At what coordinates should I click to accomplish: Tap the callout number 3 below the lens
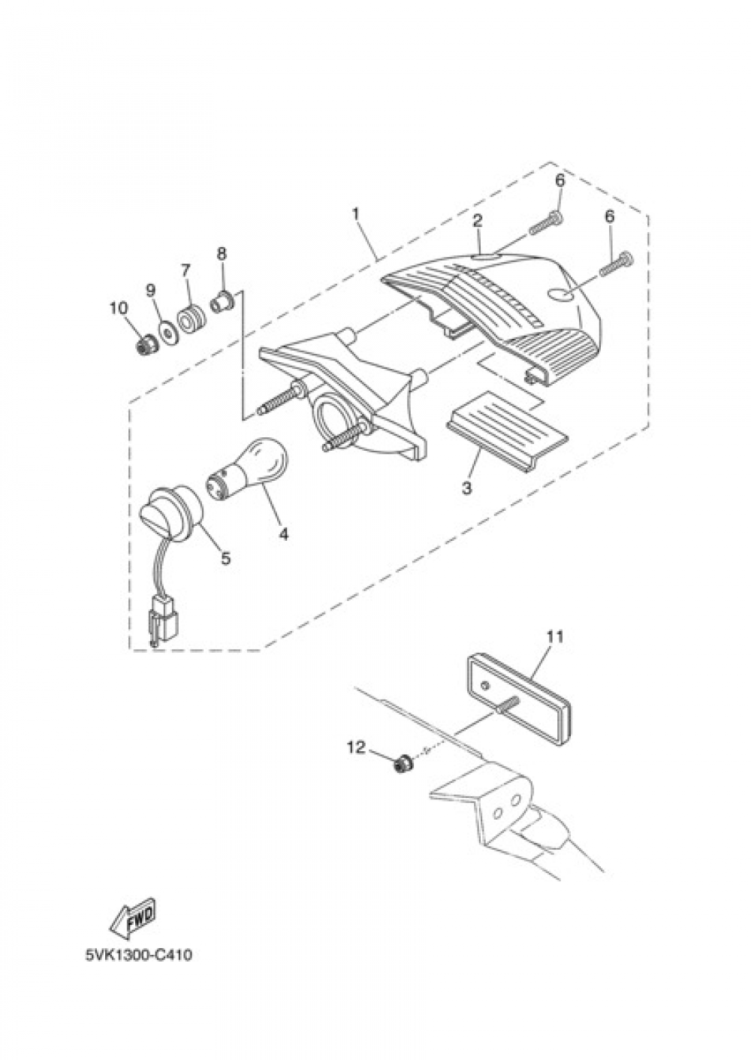click(x=467, y=488)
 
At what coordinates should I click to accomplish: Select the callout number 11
click(x=555, y=637)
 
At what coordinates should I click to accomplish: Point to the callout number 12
click(x=357, y=747)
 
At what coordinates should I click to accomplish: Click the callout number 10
click(x=119, y=309)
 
